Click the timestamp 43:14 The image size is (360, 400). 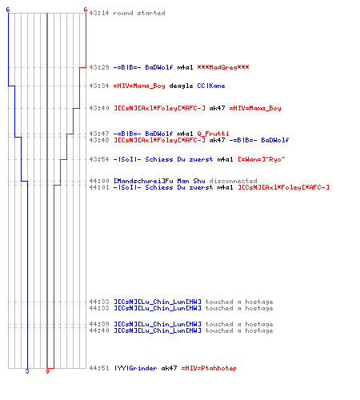[x=99, y=13]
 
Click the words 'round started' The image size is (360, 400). [x=139, y=13]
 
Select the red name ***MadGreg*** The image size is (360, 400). [x=223, y=67]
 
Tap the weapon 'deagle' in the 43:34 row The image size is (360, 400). [x=181, y=86]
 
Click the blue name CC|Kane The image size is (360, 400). [x=211, y=86]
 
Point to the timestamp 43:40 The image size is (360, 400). [x=99, y=108]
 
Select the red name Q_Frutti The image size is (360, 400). [x=213, y=134]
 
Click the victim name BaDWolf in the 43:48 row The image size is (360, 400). [x=274, y=140]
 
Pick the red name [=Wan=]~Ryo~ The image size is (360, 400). [x=262, y=159]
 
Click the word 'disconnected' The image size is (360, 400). [x=233, y=181]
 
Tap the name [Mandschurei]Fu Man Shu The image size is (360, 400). [x=159, y=181]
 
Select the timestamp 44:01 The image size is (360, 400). [x=99, y=187]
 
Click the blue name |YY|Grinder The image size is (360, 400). [x=135, y=368]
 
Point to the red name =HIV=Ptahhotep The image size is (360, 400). [x=209, y=368]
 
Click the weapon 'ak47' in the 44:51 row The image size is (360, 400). [x=169, y=368]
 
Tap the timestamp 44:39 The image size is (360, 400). [x=99, y=324]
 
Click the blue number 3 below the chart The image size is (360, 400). [x=27, y=371]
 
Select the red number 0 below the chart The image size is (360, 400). [x=47, y=371]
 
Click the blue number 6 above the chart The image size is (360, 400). [x=8, y=10]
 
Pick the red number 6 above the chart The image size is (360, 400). [x=86, y=10]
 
